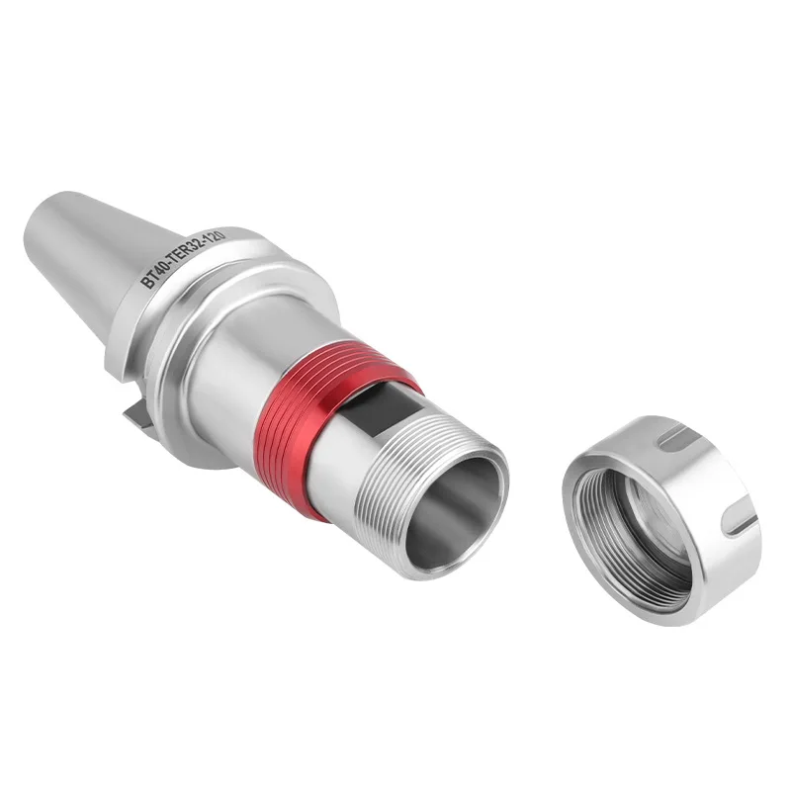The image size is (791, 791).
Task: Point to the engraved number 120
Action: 213,235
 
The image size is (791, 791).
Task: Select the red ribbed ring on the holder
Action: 323,418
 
